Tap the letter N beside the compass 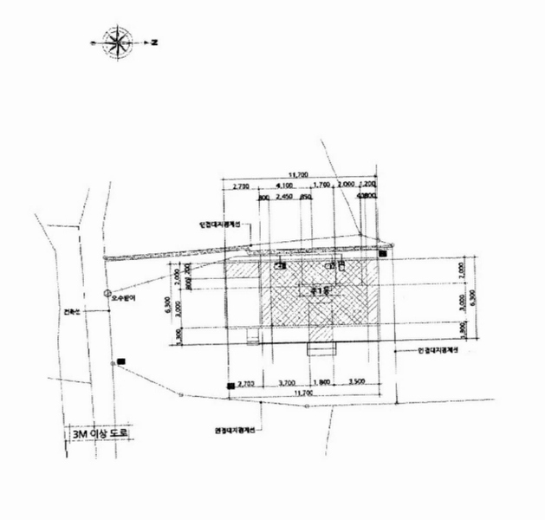coord(152,41)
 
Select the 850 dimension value coord(306,198)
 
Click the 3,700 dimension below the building coord(287,382)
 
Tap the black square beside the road coord(121,361)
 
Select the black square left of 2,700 coord(230,385)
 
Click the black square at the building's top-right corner coord(382,254)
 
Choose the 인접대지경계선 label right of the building coord(437,350)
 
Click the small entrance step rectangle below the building coord(322,348)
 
